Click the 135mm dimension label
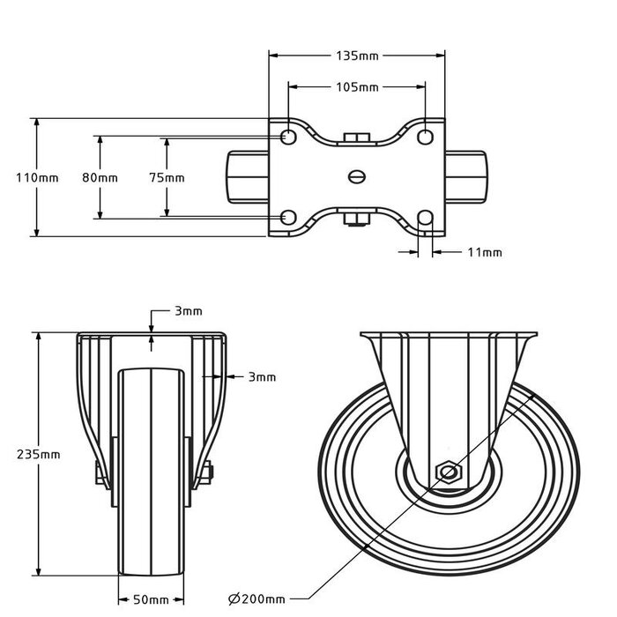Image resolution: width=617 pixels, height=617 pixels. click(x=357, y=56)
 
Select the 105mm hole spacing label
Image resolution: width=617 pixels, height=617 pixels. click(x=357, y=87)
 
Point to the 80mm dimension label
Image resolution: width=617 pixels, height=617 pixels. click(x=100, y=177)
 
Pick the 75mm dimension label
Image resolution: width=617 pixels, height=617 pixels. click(x=167, y=177)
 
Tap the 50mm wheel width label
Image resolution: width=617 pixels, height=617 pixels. click(x=151, y=600)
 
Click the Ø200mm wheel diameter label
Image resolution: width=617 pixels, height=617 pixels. click(x=255, y=599)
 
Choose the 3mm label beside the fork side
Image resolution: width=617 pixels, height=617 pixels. click(x=262, y=376)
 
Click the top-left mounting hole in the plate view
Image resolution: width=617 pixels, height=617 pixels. click(x=288, y=137)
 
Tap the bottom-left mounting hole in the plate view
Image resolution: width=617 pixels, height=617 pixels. click(x=288, y=218)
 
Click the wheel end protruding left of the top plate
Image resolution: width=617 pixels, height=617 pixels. click(x=249, y=177)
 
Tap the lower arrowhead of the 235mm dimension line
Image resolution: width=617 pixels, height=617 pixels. click(x=39, y=570)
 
